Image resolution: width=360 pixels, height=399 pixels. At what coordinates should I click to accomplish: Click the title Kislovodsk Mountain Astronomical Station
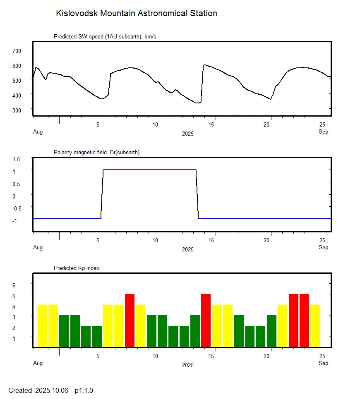click(136, 14)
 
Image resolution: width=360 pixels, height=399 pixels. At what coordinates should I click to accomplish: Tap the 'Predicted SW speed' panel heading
click(105, 37)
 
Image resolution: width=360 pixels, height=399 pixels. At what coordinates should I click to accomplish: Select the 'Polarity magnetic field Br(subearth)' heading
click(96, 153)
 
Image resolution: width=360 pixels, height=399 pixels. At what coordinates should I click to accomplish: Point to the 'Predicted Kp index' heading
click(77, 268)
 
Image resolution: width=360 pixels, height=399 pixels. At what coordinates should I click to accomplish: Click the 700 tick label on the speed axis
click(17, 50)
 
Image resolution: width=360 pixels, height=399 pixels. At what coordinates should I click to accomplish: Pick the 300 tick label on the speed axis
click(17, 110)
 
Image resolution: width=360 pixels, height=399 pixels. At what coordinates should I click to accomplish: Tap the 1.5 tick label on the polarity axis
click(17, 159)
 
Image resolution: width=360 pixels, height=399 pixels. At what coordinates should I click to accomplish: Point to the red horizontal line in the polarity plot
click(149, 170)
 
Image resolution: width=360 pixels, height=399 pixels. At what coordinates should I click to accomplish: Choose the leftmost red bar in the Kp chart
click(130, 320)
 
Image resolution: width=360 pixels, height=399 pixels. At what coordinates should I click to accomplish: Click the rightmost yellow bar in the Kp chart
click(315, 326)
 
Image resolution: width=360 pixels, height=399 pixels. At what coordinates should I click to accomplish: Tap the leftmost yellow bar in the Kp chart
click(42, 326)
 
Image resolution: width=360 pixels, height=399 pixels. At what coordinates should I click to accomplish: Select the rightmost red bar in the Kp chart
click(304, 320)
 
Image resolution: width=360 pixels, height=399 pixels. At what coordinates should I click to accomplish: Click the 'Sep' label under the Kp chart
click(323, 363)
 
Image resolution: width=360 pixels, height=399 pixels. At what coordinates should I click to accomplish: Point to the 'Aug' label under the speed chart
click(38, 132)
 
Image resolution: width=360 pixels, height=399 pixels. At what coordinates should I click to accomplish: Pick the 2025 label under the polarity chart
click(187, 250)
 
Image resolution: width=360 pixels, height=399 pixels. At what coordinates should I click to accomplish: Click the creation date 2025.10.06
click(52, 390)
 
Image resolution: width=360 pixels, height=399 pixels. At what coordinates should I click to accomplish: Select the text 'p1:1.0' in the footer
click(84, 390)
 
